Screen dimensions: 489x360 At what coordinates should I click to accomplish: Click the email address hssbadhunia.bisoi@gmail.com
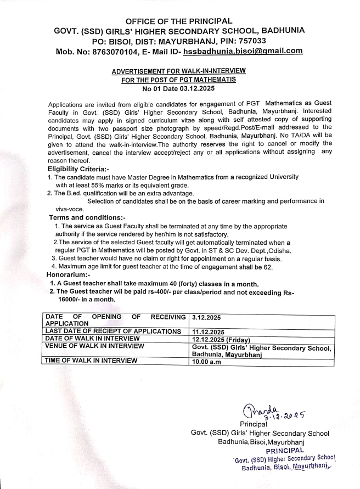(x=243, y=51)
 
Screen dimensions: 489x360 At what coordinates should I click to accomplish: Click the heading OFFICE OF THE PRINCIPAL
(x=179, y=21)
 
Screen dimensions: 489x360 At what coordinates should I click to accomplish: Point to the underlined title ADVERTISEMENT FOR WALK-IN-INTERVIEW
(x=179, y=71)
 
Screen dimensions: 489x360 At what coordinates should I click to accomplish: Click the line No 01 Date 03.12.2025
(x=179, y=88)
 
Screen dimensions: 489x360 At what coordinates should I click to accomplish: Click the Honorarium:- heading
(x=68, y=274)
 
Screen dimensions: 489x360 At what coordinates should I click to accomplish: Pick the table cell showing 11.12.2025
(x=209, y=331)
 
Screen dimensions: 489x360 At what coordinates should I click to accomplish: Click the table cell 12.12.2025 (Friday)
(x=219, y=339)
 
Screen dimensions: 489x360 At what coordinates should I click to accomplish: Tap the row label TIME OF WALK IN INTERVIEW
(x=91, y=361)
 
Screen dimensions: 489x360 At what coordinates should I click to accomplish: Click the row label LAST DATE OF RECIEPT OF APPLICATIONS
(x=113, y=331)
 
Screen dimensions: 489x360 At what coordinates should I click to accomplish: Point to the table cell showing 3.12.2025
(x=207, y=317)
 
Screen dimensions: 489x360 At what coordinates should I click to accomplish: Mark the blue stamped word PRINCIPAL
(x=284, y=450)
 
